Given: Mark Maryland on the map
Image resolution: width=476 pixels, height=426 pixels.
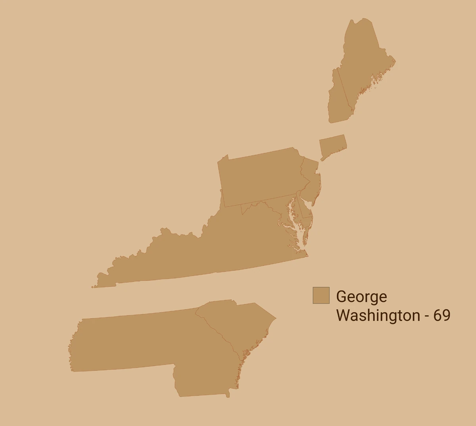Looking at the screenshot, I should click(x=274, y=208).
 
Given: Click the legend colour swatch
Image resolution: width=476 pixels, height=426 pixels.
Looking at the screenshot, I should click(x=321, y=296).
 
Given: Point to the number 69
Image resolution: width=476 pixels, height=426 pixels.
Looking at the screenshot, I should click(x=441, y=315).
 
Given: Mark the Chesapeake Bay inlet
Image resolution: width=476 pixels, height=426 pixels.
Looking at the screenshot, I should click(x=296, y=222).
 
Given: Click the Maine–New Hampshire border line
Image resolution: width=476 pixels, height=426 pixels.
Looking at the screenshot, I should click(x=345, y=89).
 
